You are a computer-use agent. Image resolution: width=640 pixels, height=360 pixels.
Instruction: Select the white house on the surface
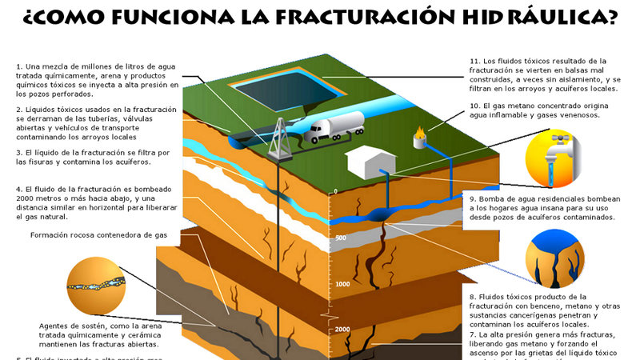tap(369, 162)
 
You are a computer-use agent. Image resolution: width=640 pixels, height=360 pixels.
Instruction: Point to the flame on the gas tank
tap(420, 129)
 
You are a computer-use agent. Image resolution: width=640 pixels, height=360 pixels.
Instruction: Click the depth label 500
tap(340, 238)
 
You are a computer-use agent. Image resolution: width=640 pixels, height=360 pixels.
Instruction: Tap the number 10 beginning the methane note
tap(474, 106)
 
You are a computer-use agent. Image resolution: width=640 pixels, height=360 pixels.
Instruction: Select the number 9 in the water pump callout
tap(473, 198)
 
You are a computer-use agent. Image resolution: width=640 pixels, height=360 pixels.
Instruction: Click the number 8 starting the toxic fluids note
tap(473, 297)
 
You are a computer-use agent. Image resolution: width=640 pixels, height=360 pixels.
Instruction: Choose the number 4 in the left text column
tap(18, 190)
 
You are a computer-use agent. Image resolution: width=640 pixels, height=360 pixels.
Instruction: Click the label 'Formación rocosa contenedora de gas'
tap(98, 235)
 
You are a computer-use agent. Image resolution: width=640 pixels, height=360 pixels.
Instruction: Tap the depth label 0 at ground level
tap(336, 191)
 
